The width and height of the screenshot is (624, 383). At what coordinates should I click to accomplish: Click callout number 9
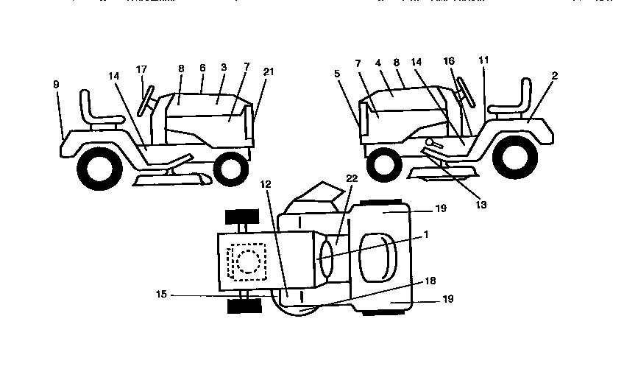(56, 85)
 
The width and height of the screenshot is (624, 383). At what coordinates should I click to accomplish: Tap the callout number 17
(141, 70)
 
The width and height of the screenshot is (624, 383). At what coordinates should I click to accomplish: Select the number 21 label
(269, 71)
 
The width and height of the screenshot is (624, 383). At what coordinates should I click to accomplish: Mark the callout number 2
(553, 76)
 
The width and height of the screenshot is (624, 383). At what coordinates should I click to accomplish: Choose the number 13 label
(481, 204)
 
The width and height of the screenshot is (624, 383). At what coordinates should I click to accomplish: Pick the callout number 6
(201, 67)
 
